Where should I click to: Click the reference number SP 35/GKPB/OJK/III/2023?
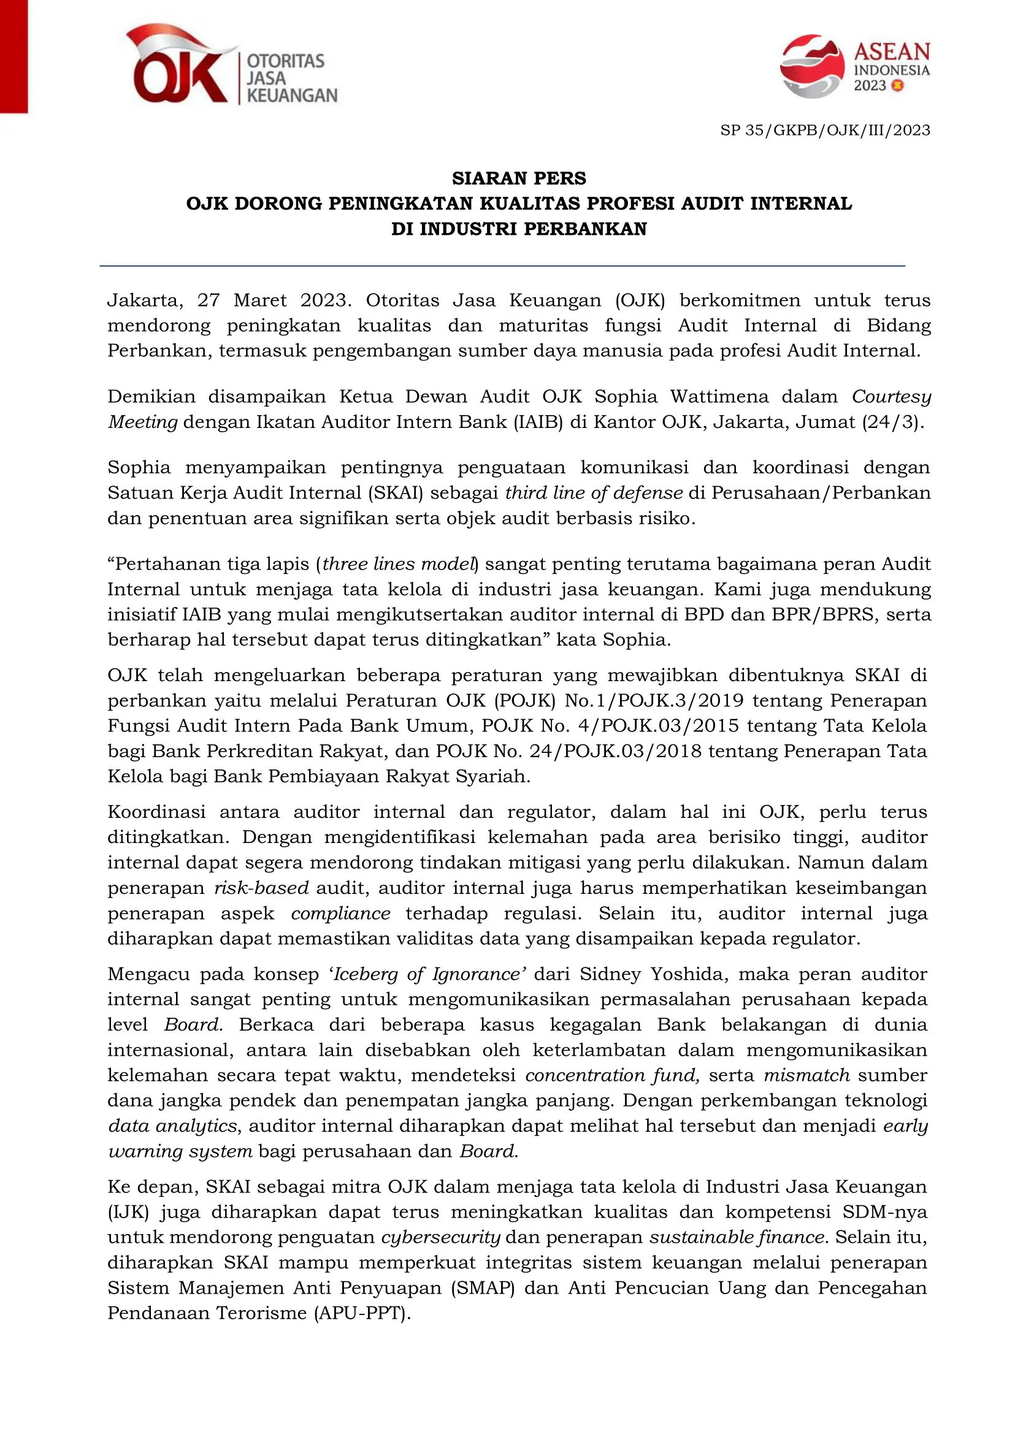[825, 131]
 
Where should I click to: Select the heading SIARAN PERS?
[519, 178]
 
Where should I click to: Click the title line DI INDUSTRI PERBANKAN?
[519, 229]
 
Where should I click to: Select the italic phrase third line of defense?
[594, 493]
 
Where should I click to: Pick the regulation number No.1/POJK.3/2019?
[654, 700]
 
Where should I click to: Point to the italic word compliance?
[340, 913]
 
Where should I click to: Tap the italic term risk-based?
[261, 888]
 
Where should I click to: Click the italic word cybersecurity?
[440, 1237]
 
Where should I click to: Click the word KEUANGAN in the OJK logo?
[292, 96]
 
